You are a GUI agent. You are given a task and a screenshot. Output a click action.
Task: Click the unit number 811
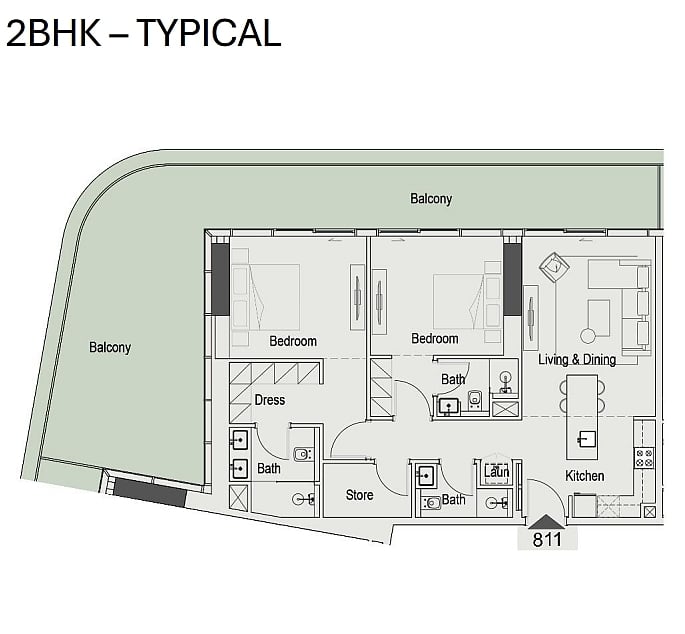[547, 539]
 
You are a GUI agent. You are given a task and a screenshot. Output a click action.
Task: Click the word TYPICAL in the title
[209, 33]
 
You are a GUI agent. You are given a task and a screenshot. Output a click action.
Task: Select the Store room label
[359, 495]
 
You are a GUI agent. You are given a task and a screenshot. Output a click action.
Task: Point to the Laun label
[496, 472]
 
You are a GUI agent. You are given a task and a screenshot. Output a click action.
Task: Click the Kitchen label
[585, 476]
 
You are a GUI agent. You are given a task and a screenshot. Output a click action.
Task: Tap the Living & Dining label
[577, 360]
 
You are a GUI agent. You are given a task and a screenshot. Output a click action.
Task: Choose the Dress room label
[270, 400]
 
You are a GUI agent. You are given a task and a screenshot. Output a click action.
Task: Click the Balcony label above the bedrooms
[431, 199]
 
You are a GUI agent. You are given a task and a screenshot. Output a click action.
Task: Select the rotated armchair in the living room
[554, 266]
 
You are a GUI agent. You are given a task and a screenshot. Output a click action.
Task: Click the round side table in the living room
[588, 336]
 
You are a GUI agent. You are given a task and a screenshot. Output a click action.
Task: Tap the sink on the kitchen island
[585, 439]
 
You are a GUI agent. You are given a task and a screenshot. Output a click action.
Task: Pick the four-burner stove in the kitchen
[644, 457]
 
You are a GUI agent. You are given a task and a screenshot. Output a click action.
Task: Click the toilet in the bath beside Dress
[302, 454]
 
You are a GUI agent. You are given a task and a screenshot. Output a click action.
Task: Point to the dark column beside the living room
[512, 280]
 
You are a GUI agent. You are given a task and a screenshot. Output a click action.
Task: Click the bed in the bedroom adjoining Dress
[266, 296]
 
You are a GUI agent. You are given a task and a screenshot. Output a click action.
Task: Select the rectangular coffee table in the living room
[599, 318]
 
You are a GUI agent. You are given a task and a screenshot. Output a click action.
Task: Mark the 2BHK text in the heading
[54, 33]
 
